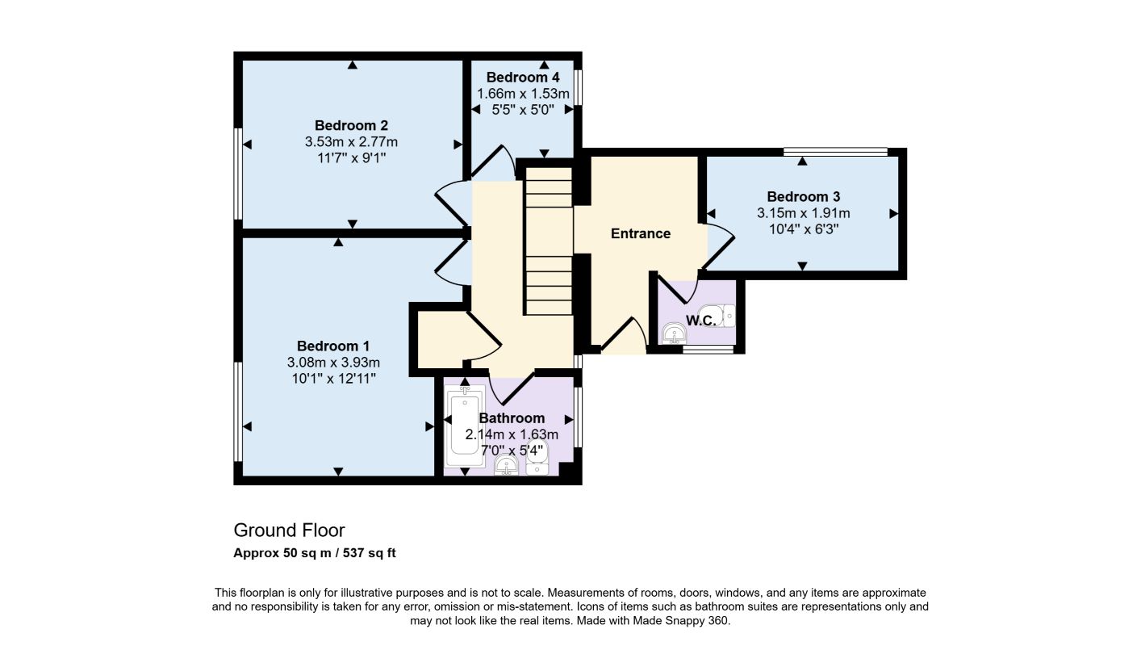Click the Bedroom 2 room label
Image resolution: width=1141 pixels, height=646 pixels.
point(351,125)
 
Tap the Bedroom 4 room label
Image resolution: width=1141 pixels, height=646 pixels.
point(523,78)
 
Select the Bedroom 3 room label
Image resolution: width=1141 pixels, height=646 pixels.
point(803,197)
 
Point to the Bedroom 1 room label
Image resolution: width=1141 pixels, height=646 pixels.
point(333,346)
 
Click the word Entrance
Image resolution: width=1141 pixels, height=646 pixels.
point(640,233)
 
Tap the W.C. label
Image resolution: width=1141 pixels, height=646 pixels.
point(701,321)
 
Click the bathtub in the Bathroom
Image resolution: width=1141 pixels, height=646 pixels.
point(465,426)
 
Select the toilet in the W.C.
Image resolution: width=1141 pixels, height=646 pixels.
point(717,316)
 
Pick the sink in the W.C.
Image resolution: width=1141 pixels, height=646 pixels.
point(675,333)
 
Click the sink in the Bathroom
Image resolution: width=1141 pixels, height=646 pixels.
point(506,465)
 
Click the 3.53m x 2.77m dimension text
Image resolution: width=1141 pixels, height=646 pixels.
point(351,142)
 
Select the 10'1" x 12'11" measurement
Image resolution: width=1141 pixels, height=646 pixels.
point(333,379)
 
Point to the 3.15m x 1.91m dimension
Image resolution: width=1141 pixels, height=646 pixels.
point(803,213)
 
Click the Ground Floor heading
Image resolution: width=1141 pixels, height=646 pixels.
point(290,531)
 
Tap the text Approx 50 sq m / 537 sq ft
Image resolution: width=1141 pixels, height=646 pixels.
point(314,553)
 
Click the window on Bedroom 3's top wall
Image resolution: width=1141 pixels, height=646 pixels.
point(835,152)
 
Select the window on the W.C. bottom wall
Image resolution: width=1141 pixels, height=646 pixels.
point(708,350)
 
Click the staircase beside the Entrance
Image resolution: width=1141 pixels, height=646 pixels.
point(549,241)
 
